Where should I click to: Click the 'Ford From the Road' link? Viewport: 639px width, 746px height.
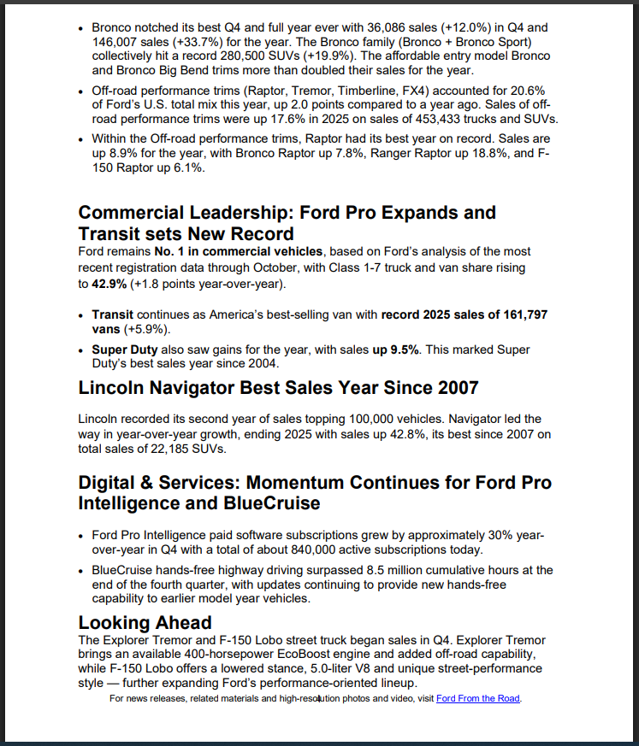[x=478, y=699]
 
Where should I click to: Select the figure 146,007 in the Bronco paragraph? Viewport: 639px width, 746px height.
[x=115, y=41]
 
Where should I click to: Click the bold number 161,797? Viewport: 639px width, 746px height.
[x=519, y=314]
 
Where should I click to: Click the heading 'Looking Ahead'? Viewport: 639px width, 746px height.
[x=145, y=622]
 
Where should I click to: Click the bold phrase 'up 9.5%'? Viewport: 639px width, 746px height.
[x=396, y=350]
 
